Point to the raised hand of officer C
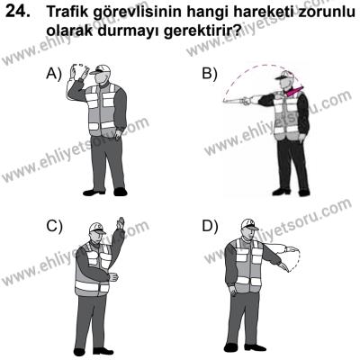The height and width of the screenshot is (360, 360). (x=120, y=223)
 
